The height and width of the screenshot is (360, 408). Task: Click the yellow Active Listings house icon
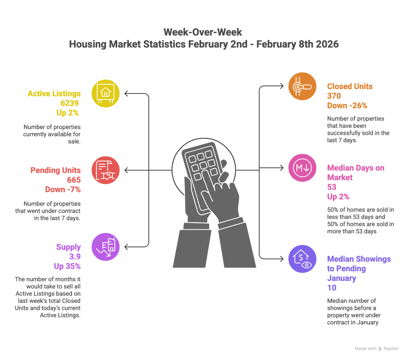pos(106,94)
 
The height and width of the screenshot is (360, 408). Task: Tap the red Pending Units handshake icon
pos(106,170)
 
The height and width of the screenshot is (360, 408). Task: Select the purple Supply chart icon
pos(106,247)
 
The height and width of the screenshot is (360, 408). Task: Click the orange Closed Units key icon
pos(302,86)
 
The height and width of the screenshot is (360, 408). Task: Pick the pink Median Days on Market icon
pos(302,168)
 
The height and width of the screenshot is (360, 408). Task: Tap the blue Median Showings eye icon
pos(302,259)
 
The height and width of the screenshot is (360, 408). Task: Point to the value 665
pos(73,180)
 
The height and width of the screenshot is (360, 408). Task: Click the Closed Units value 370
pos(334,96)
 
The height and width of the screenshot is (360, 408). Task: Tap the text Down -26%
pos(347,106)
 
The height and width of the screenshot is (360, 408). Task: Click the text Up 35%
pos(67,266)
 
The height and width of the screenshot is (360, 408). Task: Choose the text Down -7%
pos(63,189)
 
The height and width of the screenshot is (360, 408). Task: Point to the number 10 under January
pos(332,288)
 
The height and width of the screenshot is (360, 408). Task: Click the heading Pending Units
pos(56,170)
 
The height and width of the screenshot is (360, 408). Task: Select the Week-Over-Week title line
pos(203,32)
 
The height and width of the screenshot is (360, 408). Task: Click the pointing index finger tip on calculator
pos(204,172)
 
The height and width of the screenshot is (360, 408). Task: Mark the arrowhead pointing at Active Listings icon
pos(126,94)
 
